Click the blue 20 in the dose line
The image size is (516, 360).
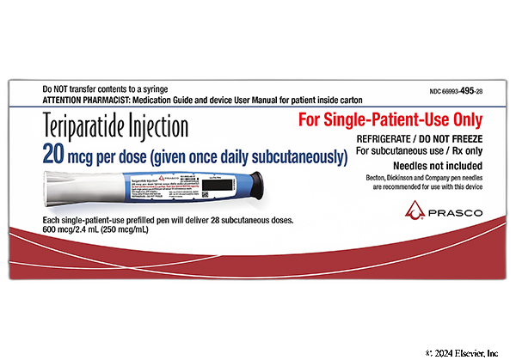click(53, 156)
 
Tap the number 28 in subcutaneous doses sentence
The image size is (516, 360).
click(213, 222)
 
